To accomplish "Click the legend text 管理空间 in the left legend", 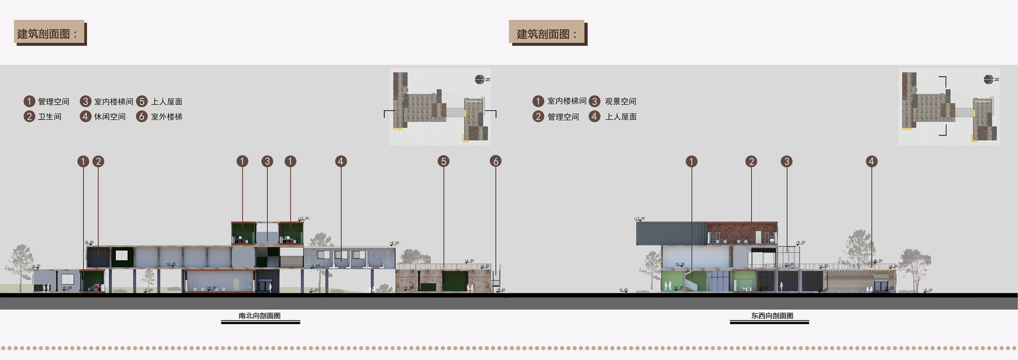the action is (53, 101).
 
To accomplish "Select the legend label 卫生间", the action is (50, 116).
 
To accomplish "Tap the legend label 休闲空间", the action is (110, 116).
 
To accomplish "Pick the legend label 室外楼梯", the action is (167, 116).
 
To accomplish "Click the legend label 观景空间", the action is (620, 101).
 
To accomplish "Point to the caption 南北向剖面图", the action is (260, 316).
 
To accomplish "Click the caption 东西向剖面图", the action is (772, 316).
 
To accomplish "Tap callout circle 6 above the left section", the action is (496, 161).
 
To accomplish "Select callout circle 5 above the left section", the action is (443, 161).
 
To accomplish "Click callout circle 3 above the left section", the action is (268, 161).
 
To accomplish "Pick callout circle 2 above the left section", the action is (98, 161).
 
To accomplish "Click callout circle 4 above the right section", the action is (872, 161).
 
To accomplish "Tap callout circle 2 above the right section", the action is (751, 161).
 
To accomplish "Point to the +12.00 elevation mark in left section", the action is (303, 218).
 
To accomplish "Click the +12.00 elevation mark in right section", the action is (639, 218).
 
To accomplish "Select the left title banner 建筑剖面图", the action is (49, 34).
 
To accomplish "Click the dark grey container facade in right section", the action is (671, 233).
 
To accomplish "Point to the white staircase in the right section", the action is (696, 280).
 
